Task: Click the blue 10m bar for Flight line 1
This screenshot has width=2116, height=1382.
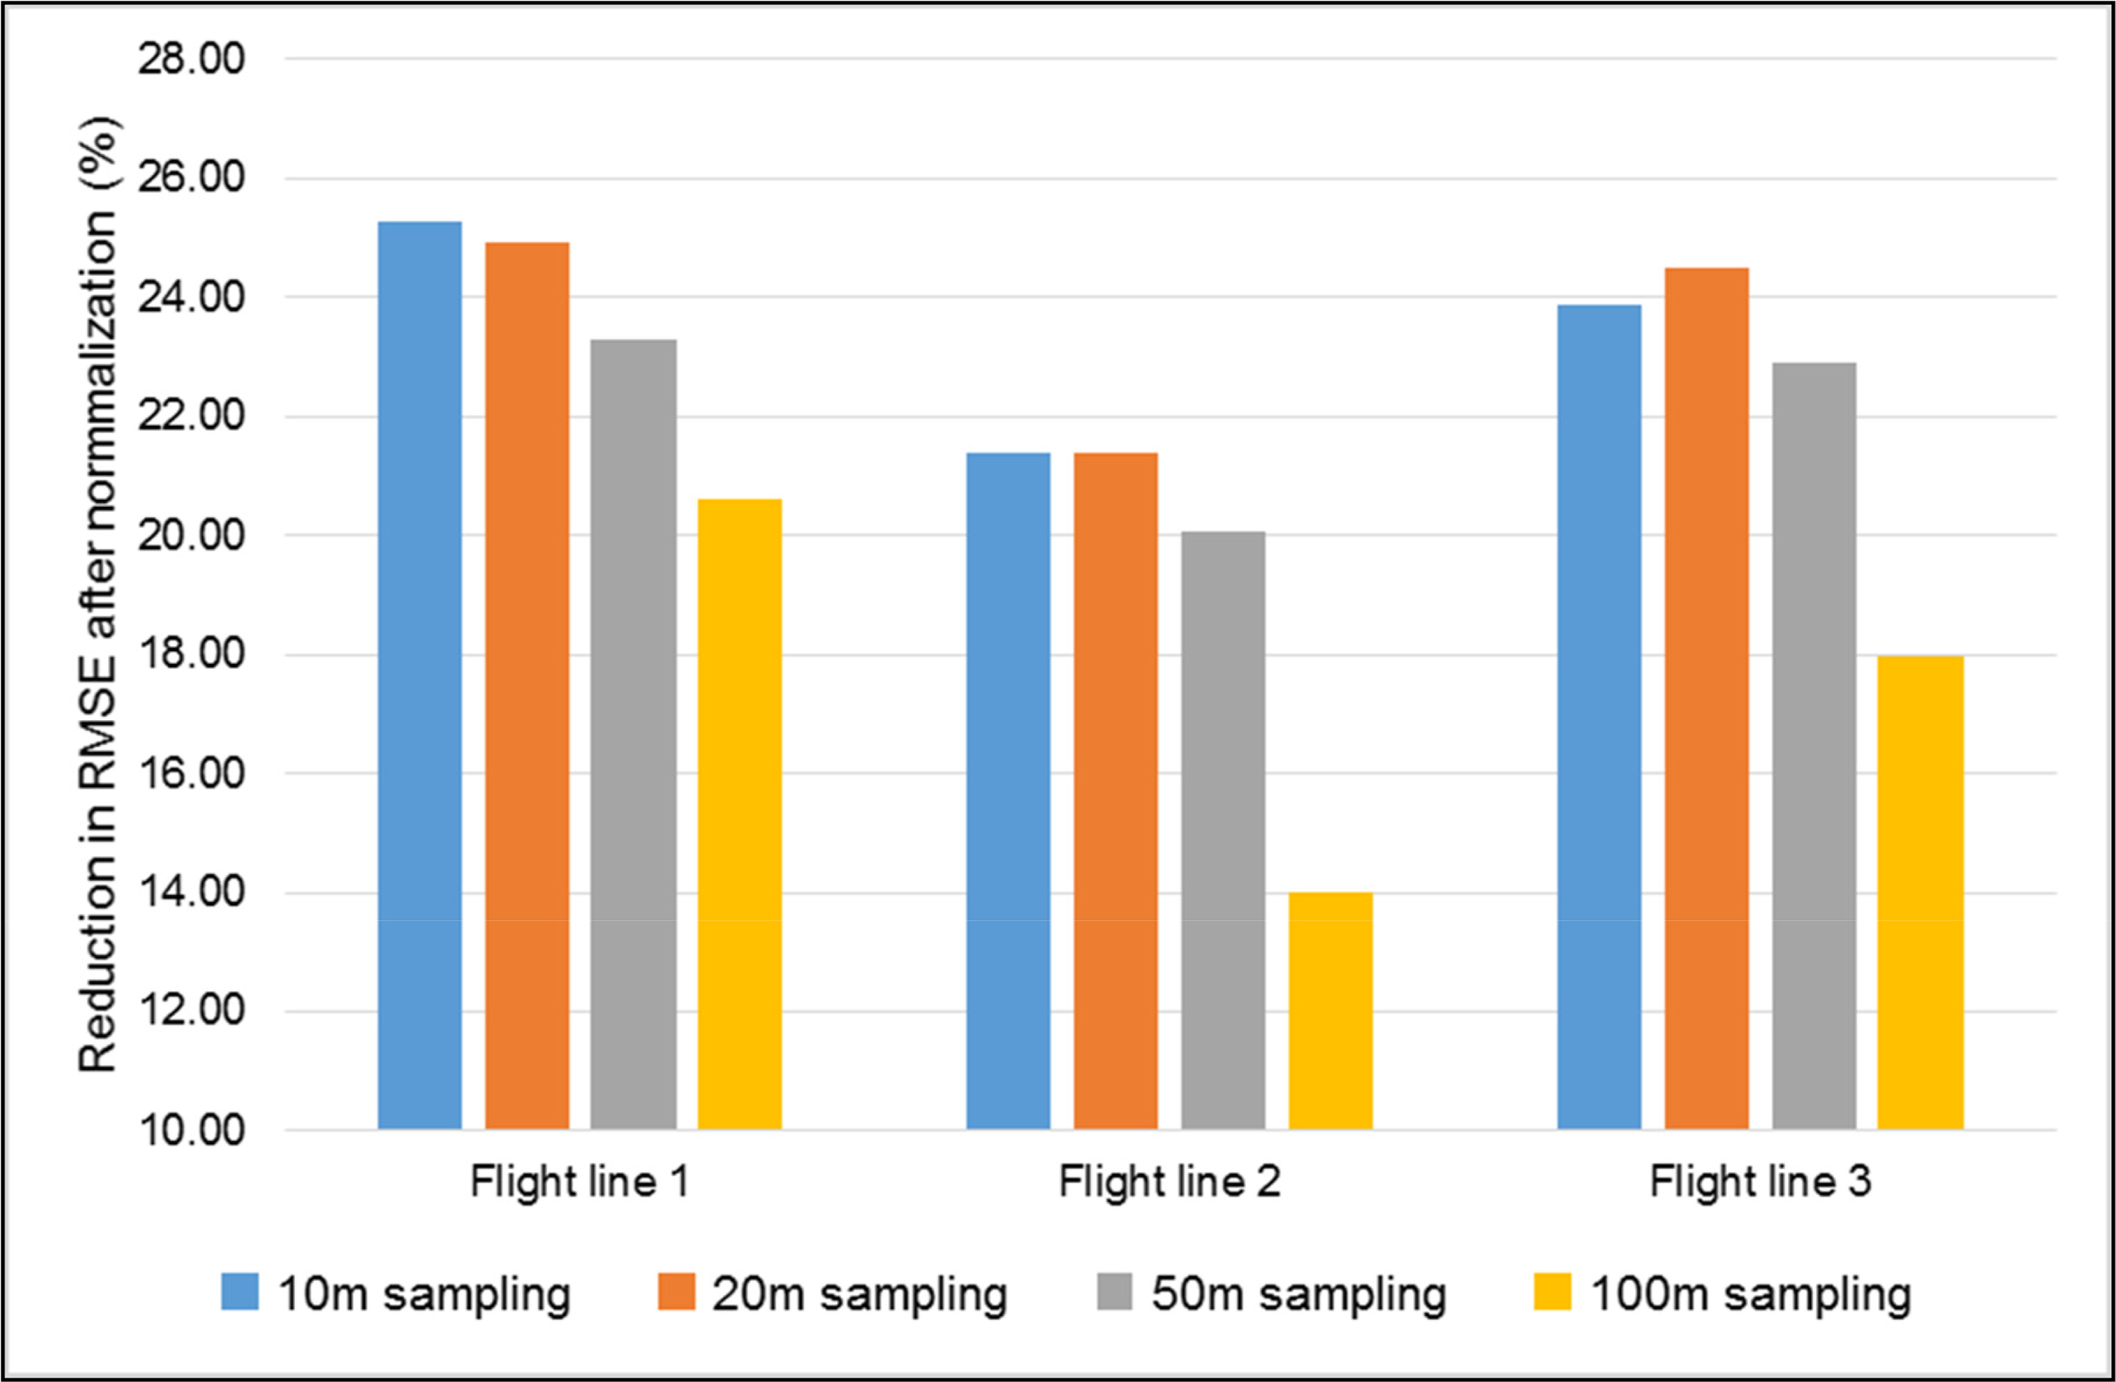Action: coord(420,676)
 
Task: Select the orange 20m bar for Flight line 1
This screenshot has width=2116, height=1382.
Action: coord(527,685)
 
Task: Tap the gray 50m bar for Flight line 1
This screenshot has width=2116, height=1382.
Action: coord(633,735)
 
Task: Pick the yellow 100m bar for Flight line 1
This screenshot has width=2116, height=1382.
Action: coord(740,814)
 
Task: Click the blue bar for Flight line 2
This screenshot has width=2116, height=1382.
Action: coord(1008,792)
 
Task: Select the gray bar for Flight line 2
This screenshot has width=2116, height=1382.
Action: coord(1223,830)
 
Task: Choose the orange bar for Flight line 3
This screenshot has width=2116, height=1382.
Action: coord(1706,699)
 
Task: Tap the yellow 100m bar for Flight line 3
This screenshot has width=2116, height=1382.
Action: coord(1920,893)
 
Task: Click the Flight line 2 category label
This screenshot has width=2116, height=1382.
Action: coord(1169,1183)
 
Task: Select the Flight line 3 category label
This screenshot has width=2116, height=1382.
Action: coord(1760,1183)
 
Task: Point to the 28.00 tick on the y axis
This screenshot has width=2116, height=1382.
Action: coord(190,60)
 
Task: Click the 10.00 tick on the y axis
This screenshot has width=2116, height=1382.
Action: coord(190,1131)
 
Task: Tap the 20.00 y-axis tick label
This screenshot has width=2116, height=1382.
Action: coord(190,535)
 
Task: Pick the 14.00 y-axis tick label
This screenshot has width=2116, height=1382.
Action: coord(190,892)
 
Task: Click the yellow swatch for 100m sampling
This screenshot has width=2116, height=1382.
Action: coord(1552,1291)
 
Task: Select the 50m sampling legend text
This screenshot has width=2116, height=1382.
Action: coord(1299,1294)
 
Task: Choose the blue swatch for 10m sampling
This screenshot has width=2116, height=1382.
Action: coord(240,1291)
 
